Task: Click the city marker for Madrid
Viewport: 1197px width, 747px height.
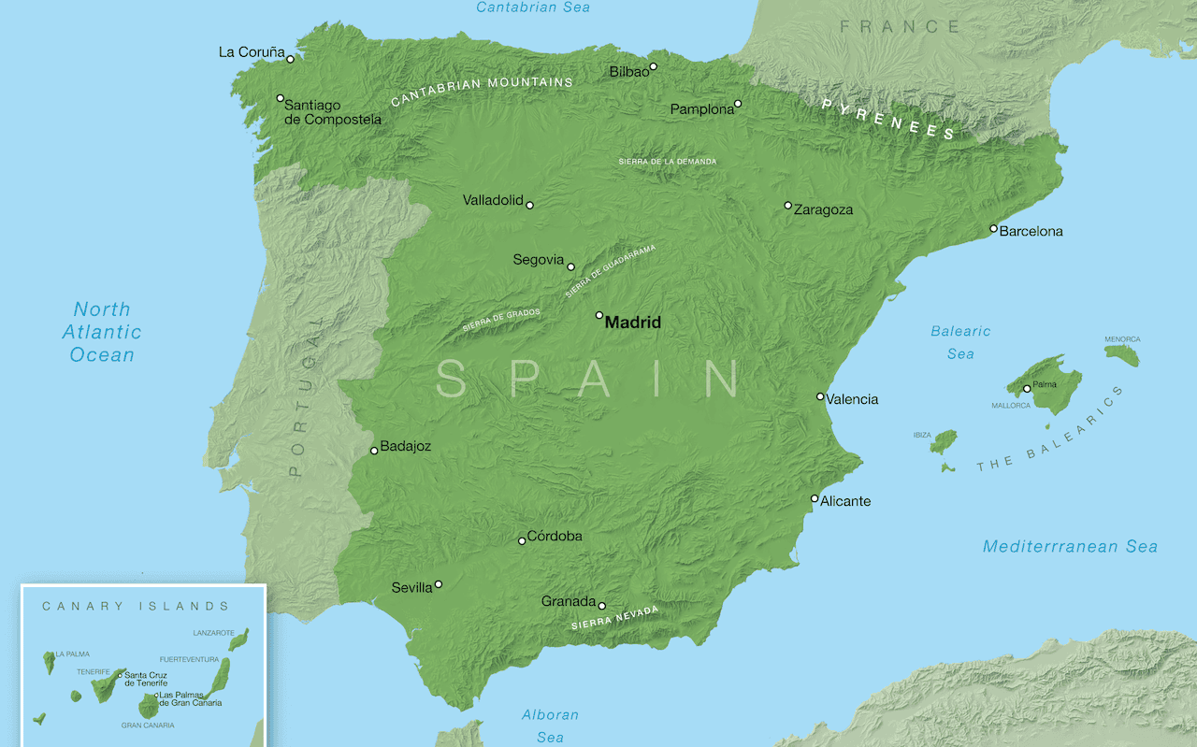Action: (599, 315)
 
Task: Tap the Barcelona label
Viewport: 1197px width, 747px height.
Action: (1031, 231)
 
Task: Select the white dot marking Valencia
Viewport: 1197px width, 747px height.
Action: (820, 396)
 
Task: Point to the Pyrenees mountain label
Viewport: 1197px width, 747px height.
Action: (888, 119)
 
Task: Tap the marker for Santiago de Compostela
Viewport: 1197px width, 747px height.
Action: (280, 98)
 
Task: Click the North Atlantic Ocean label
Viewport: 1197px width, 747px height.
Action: (102, 332)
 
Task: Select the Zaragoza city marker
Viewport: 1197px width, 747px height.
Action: (787, 206)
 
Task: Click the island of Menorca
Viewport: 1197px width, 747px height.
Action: (1122, 354)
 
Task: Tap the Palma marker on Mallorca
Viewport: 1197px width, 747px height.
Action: (1027, 389)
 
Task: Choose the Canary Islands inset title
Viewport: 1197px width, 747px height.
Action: (136, 606)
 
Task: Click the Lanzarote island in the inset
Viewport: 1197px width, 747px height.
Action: (239, 639)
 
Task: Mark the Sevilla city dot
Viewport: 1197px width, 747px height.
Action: (438, 584)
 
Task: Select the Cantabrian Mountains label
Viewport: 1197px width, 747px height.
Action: (482, 90)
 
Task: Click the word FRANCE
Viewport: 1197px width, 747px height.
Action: (899, 27)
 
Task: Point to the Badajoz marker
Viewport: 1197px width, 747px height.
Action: (374, 451)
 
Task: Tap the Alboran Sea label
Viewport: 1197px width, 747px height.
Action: (550, 725)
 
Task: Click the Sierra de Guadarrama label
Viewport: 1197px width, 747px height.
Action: (611, 272)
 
